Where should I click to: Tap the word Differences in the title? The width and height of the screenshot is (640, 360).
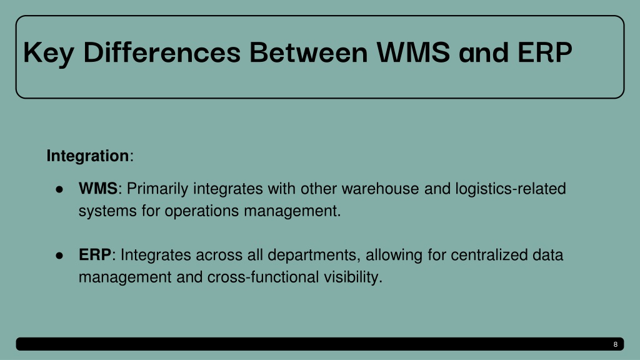(162, 54)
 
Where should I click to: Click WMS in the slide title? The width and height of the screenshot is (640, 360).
(413, 54)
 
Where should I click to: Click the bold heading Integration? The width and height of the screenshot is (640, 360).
(87, 156)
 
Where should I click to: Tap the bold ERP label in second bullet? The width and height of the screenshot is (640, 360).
(95, 255)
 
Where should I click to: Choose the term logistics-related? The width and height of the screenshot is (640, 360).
(514, 188)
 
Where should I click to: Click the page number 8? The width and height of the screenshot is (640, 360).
(615, 344)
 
